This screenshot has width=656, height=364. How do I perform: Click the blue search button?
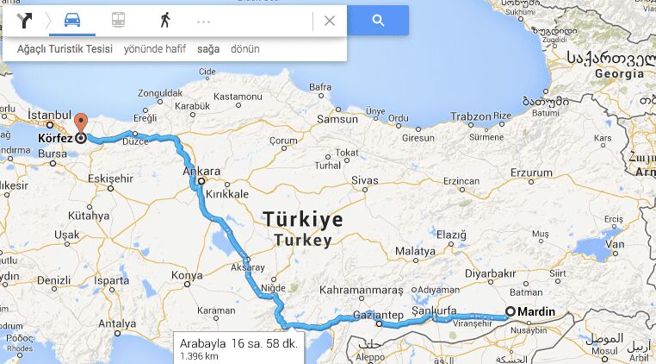click(378, 21)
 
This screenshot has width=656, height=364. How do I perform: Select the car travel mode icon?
click(72, 21)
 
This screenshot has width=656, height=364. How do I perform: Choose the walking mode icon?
click(164, 21)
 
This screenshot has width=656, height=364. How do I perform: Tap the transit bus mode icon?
click(118, 21)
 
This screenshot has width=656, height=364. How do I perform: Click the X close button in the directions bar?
click(329, 21)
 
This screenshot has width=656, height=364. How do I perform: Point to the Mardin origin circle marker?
click(510, 311)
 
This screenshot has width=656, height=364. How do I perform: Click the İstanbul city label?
click(47, 115)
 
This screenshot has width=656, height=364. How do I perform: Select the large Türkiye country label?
click(303, 219)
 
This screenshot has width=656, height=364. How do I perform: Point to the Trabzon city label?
click(470, 116)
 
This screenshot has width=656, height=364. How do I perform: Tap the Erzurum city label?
click(530, 173)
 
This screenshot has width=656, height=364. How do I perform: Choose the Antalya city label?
click(117, 324)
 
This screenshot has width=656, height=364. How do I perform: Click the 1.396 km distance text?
click(199, 355)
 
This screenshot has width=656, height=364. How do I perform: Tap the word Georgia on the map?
click(619, 74)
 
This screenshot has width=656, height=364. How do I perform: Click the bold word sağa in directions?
click(208, 49)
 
